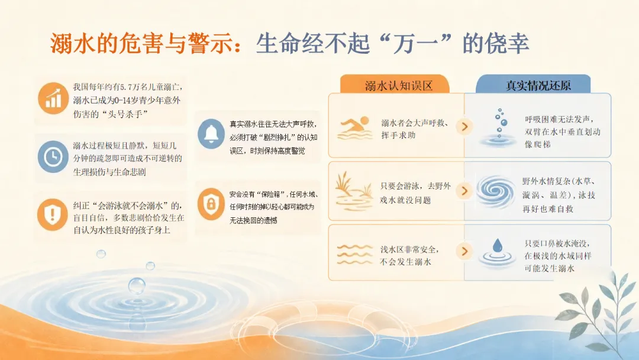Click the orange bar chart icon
pyautogui.click(x=53, y=98)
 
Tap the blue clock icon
pyautogui.click(x=53, y=156)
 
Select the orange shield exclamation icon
pyautogui.click(x=53, y=214)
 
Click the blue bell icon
pyautogui.click(x=211, y=134)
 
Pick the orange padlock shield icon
pyautogui.click(x=211, y=204)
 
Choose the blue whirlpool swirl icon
pyautogui.click(x=496, y=191)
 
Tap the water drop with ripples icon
pyautogui.click(x=497, y=253)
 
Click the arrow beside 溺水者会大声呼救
pyautogui.click(x=464, y=126)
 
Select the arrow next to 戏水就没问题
pyautogui.click(x=464, y=191)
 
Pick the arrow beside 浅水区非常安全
pyautogui.click(x=464, y=251)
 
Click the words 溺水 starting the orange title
pyautogui.click(x=73, y=43)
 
